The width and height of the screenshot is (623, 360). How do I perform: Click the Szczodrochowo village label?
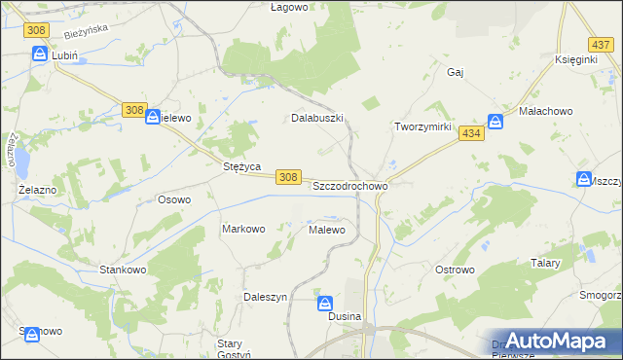pos(350,185)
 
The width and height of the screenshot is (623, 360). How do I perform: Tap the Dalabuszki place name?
pos(318,118)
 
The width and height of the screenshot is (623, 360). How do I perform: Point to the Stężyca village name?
pos(240,166)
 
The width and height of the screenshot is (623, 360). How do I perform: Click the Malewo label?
pos(327,231)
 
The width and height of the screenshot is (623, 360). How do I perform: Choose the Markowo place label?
pos(243,230)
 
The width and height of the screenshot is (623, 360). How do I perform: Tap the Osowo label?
pos(174,199)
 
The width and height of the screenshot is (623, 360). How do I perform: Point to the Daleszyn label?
pos(265,297)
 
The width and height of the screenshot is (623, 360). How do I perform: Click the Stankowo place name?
pos(123,269)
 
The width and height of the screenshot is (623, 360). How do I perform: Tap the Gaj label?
pos(455,72)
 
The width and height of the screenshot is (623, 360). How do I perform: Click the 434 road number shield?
pos(472,133)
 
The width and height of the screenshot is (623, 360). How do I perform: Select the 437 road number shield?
pos(601,45)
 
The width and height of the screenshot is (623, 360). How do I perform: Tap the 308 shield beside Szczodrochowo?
pos(287,176)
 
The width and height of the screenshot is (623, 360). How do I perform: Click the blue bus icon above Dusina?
pos(327,304)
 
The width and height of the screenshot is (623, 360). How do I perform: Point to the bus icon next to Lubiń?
pos(40,54)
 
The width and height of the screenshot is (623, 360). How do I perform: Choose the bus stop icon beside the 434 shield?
pos(495,122)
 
